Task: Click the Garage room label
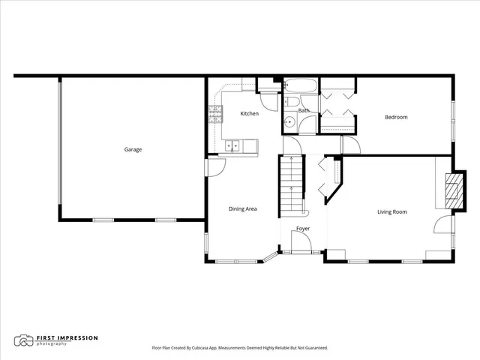133,149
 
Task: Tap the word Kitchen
249,114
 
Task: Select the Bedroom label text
396,117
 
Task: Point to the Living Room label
391,212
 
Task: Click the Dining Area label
242,208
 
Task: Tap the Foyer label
302,228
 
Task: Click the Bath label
304,111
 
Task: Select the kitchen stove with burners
216,113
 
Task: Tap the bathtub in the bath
302,85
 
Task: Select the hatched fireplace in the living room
452,191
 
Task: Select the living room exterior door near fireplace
445,225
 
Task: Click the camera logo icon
25,340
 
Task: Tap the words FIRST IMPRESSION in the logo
67,337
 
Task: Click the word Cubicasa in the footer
212,348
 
